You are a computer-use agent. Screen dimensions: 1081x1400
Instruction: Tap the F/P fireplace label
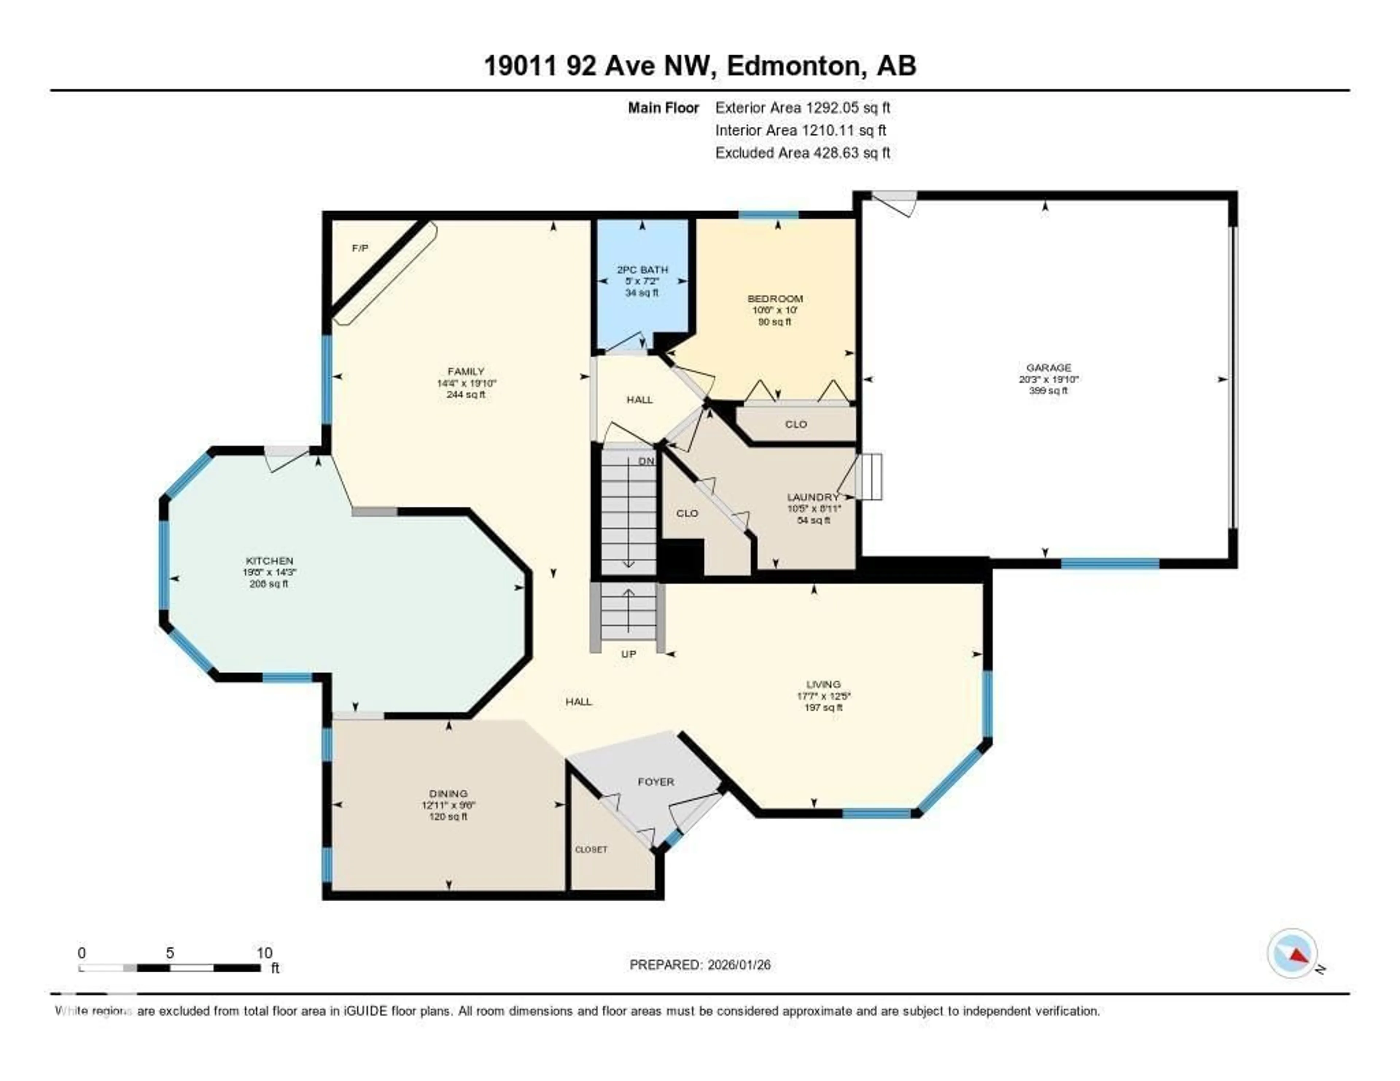pyautogui.click(x=360, y=248)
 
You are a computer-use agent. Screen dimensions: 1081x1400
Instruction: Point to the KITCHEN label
pyautogui.click(x=269, y=561)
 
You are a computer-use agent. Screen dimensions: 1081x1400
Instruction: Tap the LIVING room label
pyautogui.click(x=823, y=684)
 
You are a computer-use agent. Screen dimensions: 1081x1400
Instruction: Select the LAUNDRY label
pyautogui.click(x=812, y=497)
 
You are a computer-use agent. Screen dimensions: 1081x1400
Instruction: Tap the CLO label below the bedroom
pyautogui.click(x=796, y=424)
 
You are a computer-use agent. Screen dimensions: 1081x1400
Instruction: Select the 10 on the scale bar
pyautogui.click(x=264, y=953)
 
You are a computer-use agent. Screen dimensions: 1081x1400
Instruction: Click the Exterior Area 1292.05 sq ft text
pyautogui.click(x=802, y=108)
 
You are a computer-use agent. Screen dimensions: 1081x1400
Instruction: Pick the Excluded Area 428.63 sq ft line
pyautogui.click(x=802, y=152)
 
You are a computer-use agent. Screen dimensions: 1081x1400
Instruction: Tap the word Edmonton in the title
pyautogui.click(x=793, y=65)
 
